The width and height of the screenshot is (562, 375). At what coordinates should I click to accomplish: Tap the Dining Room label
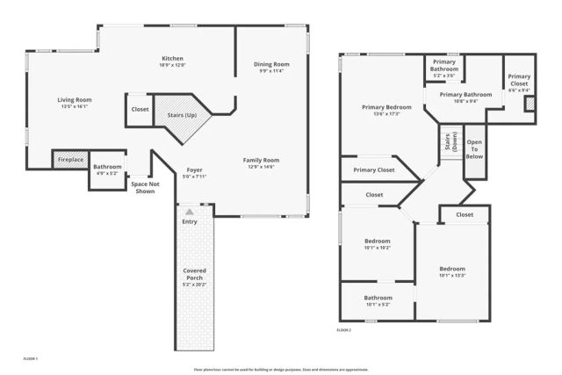coord(270,67)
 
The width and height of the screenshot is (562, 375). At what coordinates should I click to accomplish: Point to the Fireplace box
coord(70,160)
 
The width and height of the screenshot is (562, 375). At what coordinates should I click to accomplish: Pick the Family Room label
coord(262,163)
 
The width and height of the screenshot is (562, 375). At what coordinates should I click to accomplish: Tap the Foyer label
coord(195,173)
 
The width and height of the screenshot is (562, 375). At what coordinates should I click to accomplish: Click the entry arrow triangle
coord(190,212)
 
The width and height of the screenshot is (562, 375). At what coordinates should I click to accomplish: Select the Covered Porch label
coord(194,278)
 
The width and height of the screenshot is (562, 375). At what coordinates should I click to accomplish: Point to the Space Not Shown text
coord(142,187)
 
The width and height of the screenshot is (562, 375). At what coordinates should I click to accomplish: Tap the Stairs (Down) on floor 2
coord(450,143)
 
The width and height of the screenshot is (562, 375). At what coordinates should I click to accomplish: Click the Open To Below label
coord(474,148)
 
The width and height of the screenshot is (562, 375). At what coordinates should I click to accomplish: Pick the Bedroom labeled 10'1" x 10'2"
coord(377,243)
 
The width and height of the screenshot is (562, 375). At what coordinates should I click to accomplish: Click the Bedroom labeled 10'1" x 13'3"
coord(452,271)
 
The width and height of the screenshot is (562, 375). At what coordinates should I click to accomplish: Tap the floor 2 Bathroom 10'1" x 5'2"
coord(378,301)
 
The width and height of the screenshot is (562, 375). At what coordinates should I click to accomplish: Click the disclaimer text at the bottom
coord(281,369)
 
